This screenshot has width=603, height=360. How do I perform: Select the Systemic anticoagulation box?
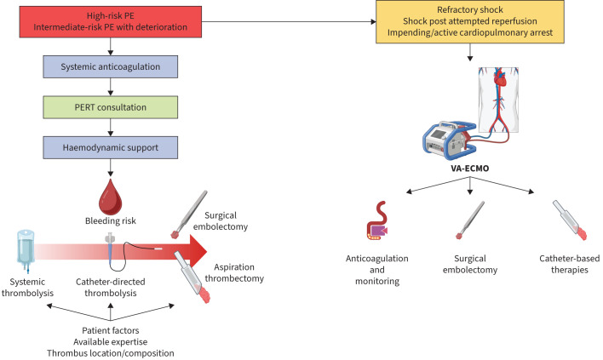[113, 66]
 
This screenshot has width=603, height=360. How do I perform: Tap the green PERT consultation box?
[113, 108]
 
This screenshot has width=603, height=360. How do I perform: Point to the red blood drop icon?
[113, 193]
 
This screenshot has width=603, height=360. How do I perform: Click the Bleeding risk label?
[113, 220]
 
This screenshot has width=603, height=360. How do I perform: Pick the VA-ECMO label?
[470, 169]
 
